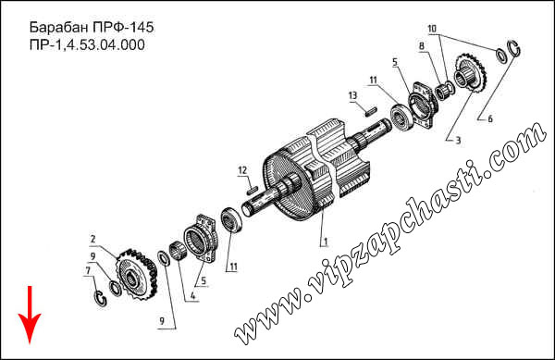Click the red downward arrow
click(x=30, y=315)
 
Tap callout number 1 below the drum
click(x=326, y=242)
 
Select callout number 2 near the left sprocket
click(x=92, y=240)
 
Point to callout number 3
click(x=458, y=140)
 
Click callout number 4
click(x=193, y=296)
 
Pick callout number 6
click(x=490, y=118)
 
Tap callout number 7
click(x=88, y=271)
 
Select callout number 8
click(x=421, y=45)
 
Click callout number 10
click(x=432, y=29)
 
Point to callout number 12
click(x=242, y=170)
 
